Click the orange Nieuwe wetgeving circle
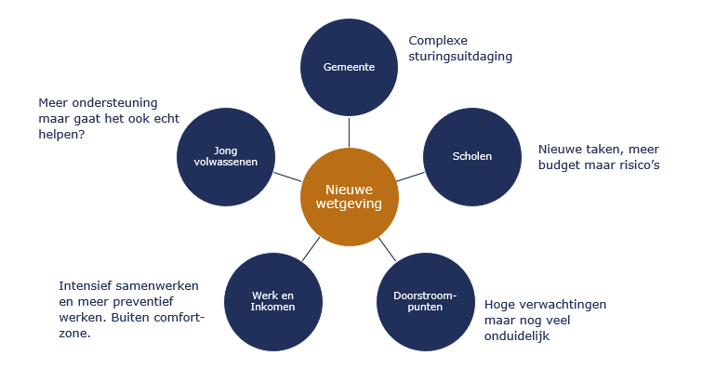click(x=350, y=197)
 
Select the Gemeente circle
click(x=349, y=67)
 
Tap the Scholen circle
click(x=472, y=156)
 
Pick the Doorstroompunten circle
click(x=426, y=302)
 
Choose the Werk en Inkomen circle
click(x=273, y=302)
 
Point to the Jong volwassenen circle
click(x=226, y=156)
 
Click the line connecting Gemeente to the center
click(x=349, y=132)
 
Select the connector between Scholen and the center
click(x=410, y=177)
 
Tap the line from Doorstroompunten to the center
click(x=387, y=249)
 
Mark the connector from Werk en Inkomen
click(x=311, y=249)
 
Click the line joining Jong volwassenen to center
click(x=287, y=177)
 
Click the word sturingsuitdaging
click(x=460, y=57)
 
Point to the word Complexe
click(x=438, y=41)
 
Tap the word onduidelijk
click(x=517, y=335)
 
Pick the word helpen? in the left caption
click(x=61, y=135)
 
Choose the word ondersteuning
click(x=114, y=103)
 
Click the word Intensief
click(x=85, y=286)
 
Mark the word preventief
click(x=143, y=302)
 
